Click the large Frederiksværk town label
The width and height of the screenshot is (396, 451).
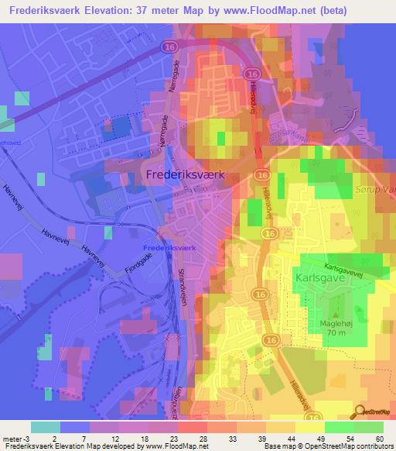(185, 176)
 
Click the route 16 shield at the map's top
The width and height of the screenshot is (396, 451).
(169, 47)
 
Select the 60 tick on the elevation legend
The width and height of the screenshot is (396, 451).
(379, 438)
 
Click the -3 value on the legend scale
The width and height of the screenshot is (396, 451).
(27, 438)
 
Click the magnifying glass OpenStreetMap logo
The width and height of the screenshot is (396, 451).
(359, 413)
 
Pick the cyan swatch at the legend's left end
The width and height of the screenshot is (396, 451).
(46, 427)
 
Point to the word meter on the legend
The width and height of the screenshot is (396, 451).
(12, 438)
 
